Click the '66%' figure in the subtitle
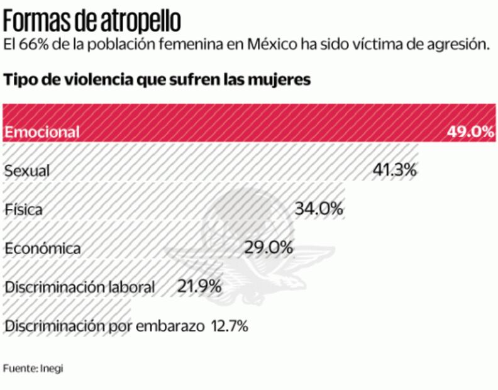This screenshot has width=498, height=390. click(x=31, y=45)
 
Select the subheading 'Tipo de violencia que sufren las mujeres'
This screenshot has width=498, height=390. click(x=157, y=80)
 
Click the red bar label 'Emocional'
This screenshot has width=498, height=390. click(x=42, y=132)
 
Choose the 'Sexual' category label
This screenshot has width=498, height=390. click(x=26, y=171)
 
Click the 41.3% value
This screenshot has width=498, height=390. click(x=394, y=170)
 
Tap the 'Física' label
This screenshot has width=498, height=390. click(x=23, y=209)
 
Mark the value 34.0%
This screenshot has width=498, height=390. click(x=319, y=208)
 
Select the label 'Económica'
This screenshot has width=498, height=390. click(x=43, y=248)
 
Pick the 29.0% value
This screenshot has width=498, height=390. click(x=268, y=247)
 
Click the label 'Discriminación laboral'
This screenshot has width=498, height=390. click(x=80, y=287)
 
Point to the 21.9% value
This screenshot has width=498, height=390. click(x=199, y=286)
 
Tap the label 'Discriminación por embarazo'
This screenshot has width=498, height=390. click(x=104, y=326)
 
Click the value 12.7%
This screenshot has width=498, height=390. click(x=229, y=326)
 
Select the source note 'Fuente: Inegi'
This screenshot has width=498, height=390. click(x=33, y=368)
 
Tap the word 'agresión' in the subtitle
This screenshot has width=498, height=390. click(x=457, y=45)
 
